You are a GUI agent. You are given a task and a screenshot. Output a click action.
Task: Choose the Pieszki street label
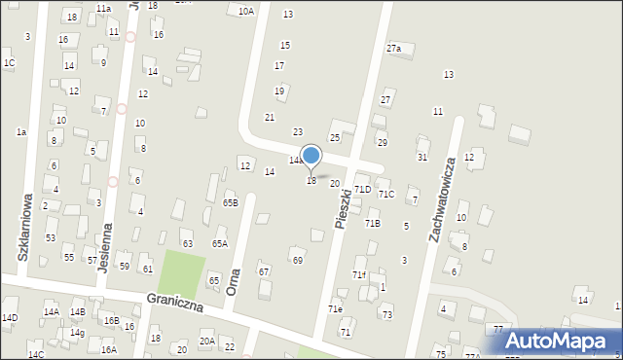click(342, 208)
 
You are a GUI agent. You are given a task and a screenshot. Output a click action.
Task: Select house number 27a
click(393, 48)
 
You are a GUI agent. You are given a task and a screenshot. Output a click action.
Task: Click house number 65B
click(230, 202)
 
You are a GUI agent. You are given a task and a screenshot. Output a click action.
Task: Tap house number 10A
click(246, 12)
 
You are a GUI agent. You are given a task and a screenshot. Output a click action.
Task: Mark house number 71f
click(358, 275)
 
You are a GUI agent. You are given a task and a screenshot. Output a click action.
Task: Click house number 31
click(422, 157)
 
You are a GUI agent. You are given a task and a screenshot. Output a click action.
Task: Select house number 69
click(297, 260)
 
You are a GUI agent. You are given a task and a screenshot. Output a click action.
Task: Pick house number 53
click(51, 237)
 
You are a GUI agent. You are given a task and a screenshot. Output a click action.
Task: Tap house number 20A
click(207, 341)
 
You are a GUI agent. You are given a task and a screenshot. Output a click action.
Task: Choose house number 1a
click(20, 131)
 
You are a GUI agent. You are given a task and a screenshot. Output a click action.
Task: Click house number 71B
click(373, 224)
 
